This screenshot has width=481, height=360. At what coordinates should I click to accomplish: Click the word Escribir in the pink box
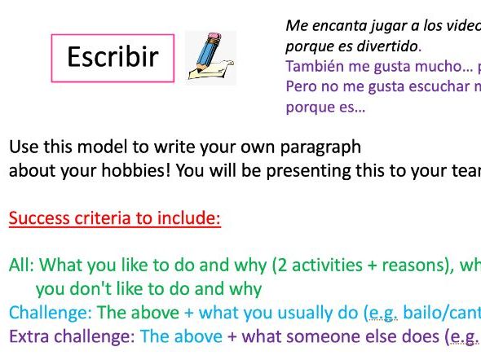click(113, 58)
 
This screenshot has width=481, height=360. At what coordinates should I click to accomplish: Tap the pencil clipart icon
click(210, 58)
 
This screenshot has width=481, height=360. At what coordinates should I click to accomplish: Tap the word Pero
click(300, 86)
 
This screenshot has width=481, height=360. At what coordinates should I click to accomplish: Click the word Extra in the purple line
click(27, 336)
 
